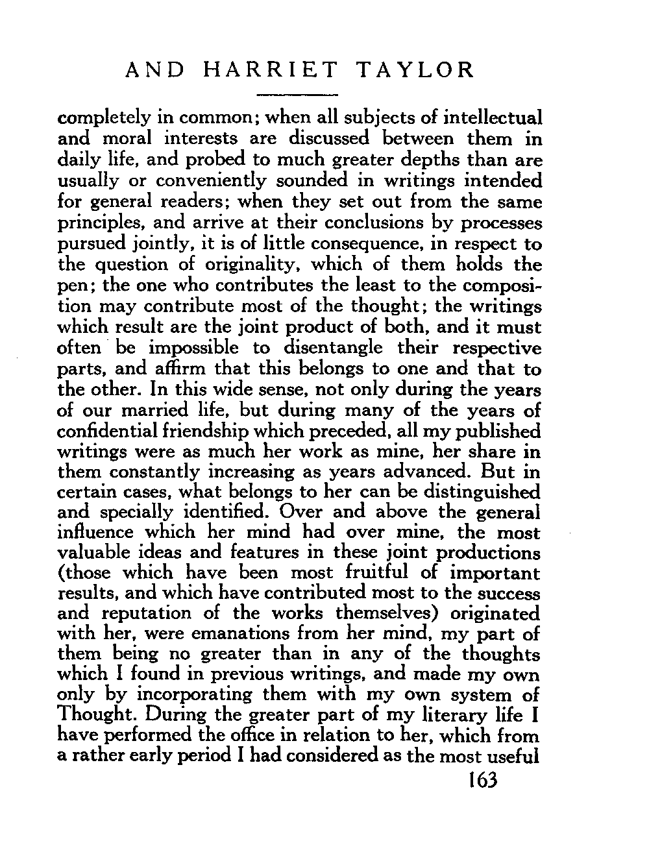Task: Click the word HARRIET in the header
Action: (x=271, y=69)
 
